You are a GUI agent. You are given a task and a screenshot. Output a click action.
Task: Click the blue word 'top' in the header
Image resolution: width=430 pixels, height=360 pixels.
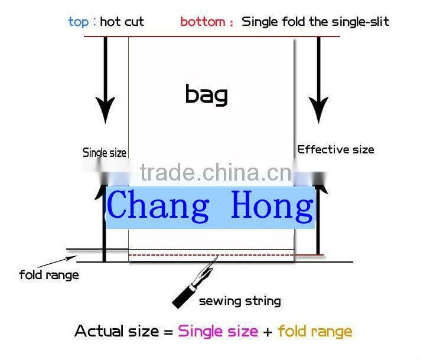click(x=78, y=22)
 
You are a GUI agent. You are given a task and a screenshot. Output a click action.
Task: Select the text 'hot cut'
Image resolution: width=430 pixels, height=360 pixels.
click(x=122, y=22)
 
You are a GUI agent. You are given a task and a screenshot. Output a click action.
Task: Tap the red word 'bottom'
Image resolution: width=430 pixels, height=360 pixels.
click(x=203, y=22)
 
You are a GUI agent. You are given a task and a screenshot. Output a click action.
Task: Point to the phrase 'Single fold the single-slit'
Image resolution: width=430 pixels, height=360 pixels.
click(x=315, y=22)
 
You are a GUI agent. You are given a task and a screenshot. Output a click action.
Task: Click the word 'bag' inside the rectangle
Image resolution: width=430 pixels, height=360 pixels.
click(x=206, y=94)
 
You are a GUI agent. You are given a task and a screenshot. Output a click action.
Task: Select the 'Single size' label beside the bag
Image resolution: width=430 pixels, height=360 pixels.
click(x=105, y=153)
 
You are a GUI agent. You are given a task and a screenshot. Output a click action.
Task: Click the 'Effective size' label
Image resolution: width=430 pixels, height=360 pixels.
click(x=335, y=149)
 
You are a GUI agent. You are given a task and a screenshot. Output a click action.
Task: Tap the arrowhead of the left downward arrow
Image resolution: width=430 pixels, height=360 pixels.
click(x=105, y=109)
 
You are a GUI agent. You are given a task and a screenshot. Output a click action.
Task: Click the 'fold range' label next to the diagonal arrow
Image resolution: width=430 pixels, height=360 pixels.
click(x=48, y=275)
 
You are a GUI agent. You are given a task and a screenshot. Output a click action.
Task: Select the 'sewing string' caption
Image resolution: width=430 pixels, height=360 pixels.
click(x=239, y=302)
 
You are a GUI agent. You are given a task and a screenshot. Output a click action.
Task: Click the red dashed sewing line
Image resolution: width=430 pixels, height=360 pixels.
click(x=177, y=256)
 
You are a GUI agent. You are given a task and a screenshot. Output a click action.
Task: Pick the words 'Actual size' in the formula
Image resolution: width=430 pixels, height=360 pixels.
click(x=117, y=332)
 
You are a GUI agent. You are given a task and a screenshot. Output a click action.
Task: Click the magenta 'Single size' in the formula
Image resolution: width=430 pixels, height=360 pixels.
click(x=218, y=332)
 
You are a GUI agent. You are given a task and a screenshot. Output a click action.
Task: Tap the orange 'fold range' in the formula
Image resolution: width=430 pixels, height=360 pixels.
click(x=314, y=332)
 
